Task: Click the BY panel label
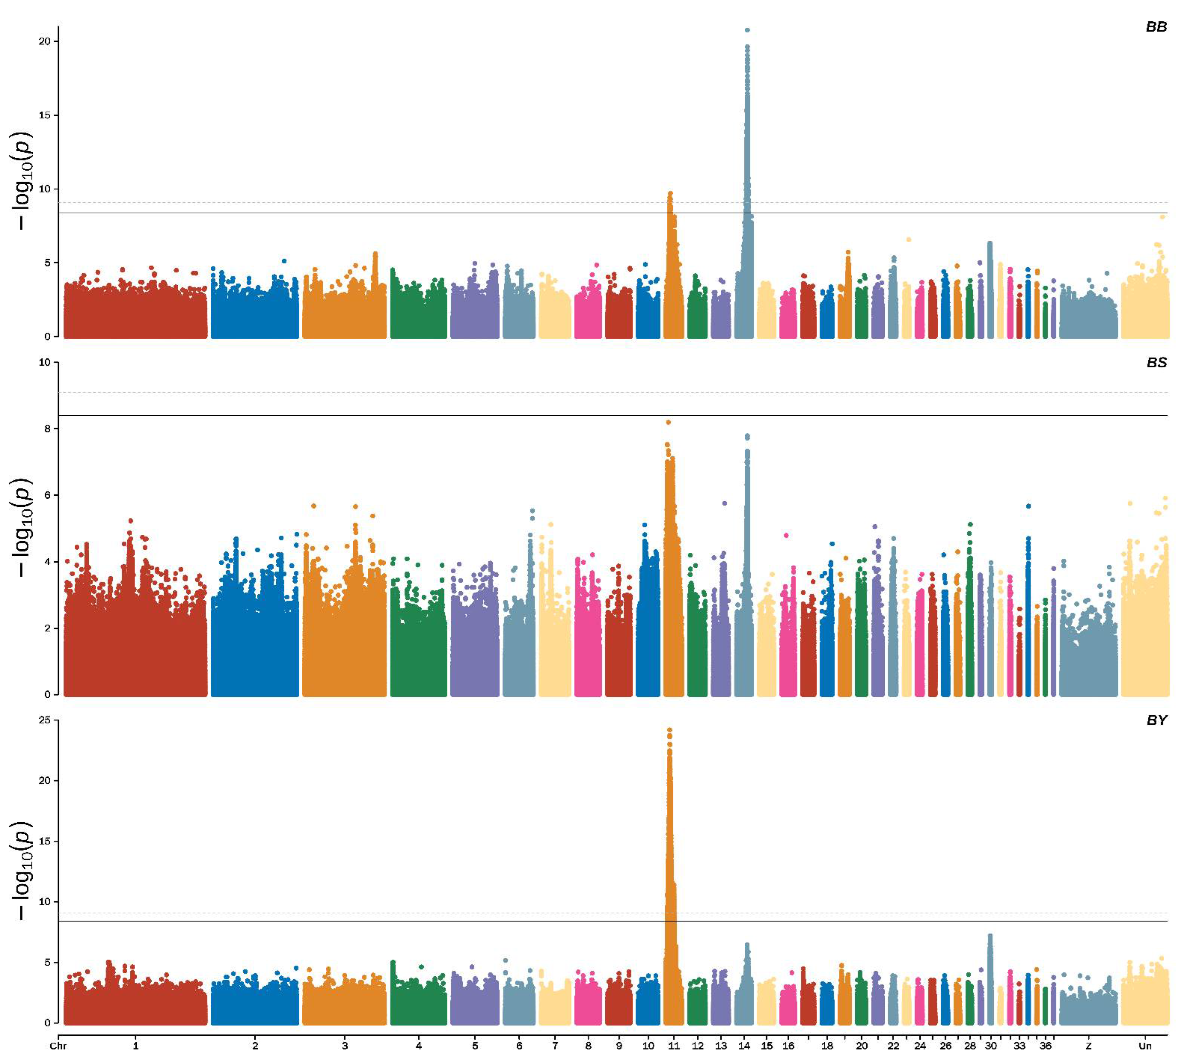[1156, 720]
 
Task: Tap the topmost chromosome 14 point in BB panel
[747, 30]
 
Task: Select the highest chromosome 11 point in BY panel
[670, 730]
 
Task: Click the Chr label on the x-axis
[58, 1046]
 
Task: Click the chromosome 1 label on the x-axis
[136, 1046]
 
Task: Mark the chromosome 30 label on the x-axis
[991, 1046]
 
